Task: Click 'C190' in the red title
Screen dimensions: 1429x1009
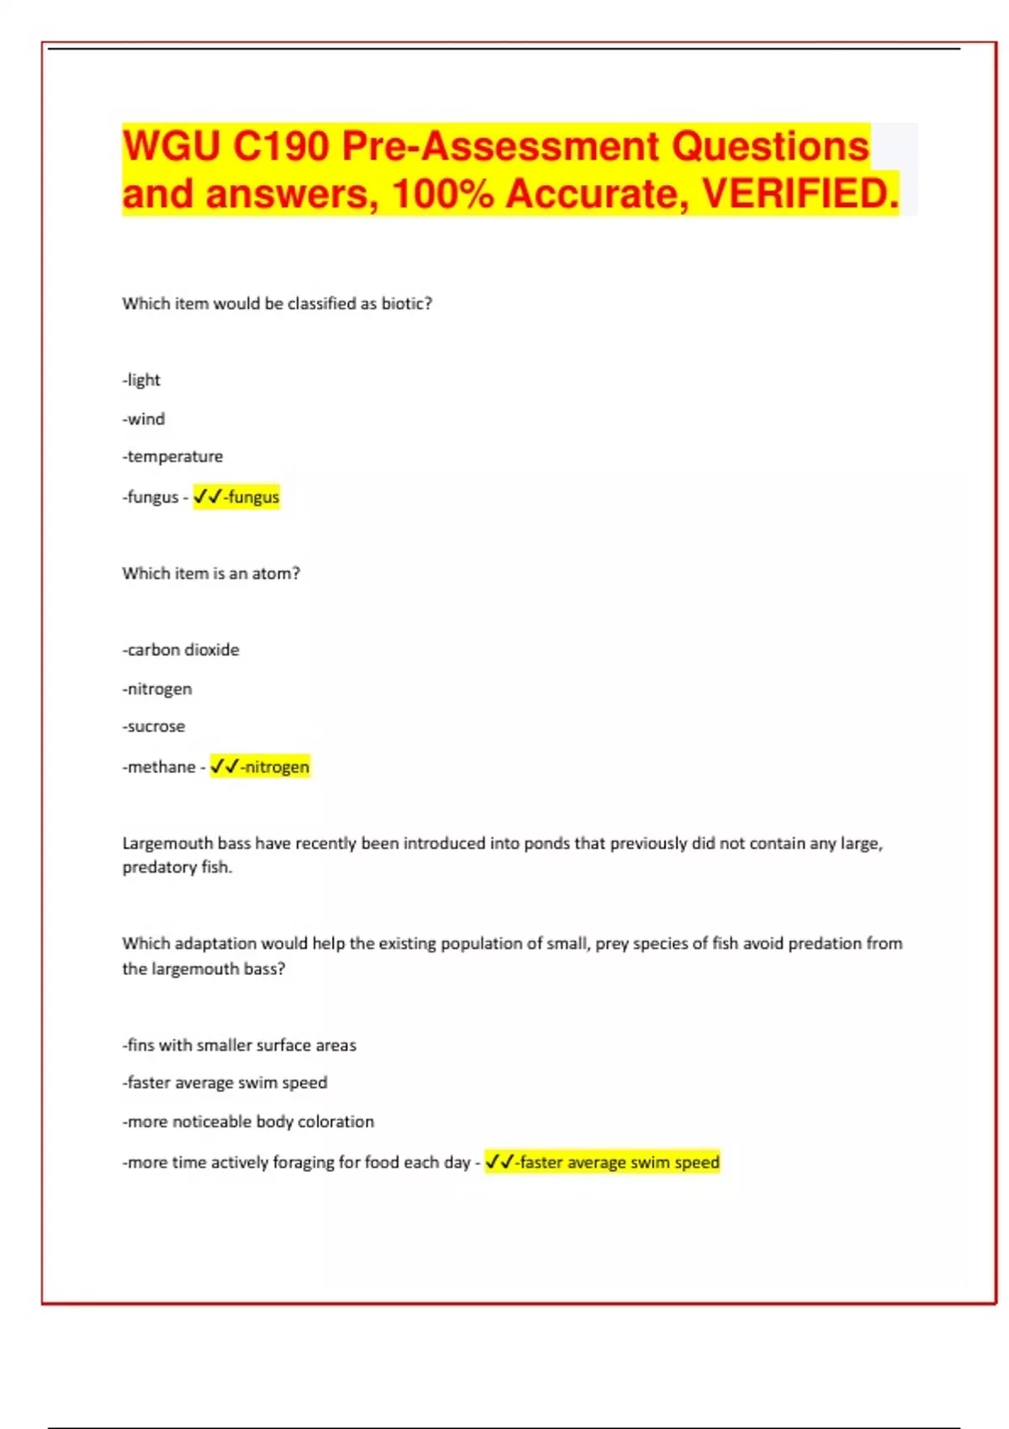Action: (281, 146)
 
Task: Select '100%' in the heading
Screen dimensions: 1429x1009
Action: (442, 194)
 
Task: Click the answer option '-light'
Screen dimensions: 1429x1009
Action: (141, 380)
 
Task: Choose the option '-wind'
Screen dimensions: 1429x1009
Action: (144, 419)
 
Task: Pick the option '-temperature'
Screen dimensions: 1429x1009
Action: (172, 456)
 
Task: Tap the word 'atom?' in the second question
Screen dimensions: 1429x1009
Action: (276, 573)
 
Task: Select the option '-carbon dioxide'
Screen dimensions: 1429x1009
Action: (181, 650)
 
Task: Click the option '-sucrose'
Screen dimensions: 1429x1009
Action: (154, 726)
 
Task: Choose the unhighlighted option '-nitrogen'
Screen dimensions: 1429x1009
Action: (157, 688)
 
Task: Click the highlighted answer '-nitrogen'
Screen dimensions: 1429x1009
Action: (275, 767)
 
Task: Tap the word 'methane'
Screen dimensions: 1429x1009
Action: (161, 767)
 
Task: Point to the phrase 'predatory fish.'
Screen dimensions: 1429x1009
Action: (177, 867)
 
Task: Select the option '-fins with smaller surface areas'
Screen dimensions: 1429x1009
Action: (240, 1045)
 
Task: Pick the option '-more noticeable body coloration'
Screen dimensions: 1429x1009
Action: (248, 1121)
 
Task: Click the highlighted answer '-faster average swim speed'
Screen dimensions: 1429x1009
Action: (618, 1162)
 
